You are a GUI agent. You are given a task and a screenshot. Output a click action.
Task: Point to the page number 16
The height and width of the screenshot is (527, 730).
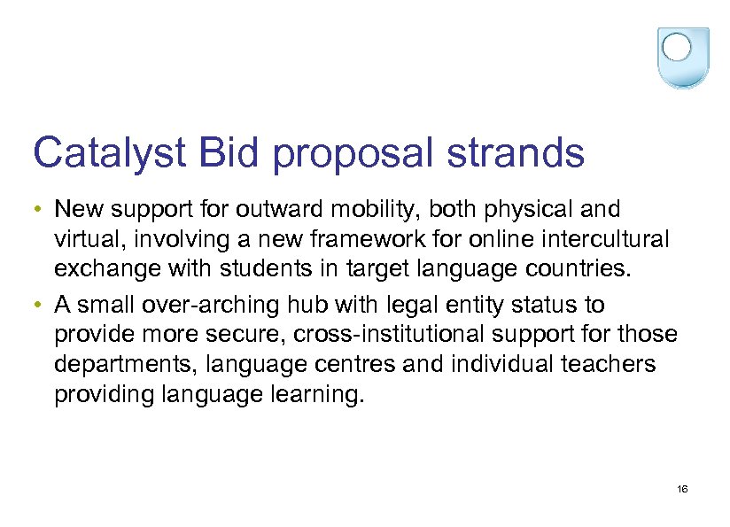pos(682,490)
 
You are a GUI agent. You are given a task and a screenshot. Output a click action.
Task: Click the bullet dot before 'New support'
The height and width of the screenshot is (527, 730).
pos(41,211)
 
